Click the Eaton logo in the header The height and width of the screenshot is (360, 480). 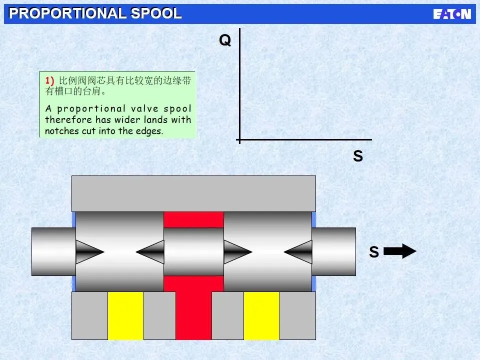pos(452,14)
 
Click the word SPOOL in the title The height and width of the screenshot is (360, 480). pos(156,13)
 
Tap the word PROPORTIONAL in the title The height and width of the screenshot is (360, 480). pos(68,13)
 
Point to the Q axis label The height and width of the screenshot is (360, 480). pos(225,40)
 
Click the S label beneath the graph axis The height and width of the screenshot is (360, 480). pos(358,156)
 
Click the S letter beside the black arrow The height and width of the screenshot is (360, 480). pos(373,252)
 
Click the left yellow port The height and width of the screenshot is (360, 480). pos(125,315)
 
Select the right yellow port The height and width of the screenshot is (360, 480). pos(261,315)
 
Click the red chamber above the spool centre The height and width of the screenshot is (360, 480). pos(193,219)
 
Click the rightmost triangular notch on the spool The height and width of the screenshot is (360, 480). pos(299,252)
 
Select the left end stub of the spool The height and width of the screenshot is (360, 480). pos(53,251)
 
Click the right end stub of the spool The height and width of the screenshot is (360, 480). pos(334,251)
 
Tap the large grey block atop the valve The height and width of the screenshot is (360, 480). pos(193,193)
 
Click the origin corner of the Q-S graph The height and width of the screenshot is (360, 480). pos(240,140)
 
